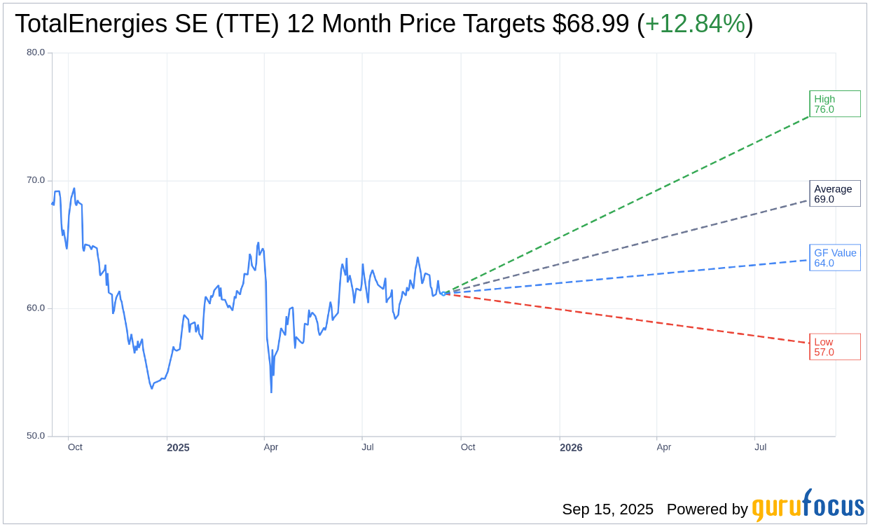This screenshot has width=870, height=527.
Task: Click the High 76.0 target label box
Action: point(834,104)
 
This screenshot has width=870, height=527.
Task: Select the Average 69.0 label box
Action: point(834,193)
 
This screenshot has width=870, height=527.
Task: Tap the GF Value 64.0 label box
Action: point(834,257)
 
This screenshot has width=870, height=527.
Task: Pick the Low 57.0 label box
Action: point(834,347)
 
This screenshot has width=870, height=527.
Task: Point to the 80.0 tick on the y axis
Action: point(36,53)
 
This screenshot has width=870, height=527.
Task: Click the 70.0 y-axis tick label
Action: point(36,180)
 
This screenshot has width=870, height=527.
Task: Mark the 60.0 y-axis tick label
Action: point(36,308)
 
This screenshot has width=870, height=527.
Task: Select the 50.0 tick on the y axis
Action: point(36,436)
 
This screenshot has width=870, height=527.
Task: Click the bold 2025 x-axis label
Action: point(178,448)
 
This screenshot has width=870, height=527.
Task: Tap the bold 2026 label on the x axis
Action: point(570,448)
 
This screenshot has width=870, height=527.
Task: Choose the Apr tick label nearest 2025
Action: point(271,447)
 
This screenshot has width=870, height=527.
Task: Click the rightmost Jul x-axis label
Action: point(760,447)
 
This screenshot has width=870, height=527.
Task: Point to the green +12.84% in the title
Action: point(695,24)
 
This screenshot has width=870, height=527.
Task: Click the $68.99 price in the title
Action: point(591,24)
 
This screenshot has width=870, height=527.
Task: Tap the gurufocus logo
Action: point(808,506)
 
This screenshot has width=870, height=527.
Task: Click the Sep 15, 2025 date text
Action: point(607,509)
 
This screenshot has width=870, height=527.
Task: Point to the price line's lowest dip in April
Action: point(271,391)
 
